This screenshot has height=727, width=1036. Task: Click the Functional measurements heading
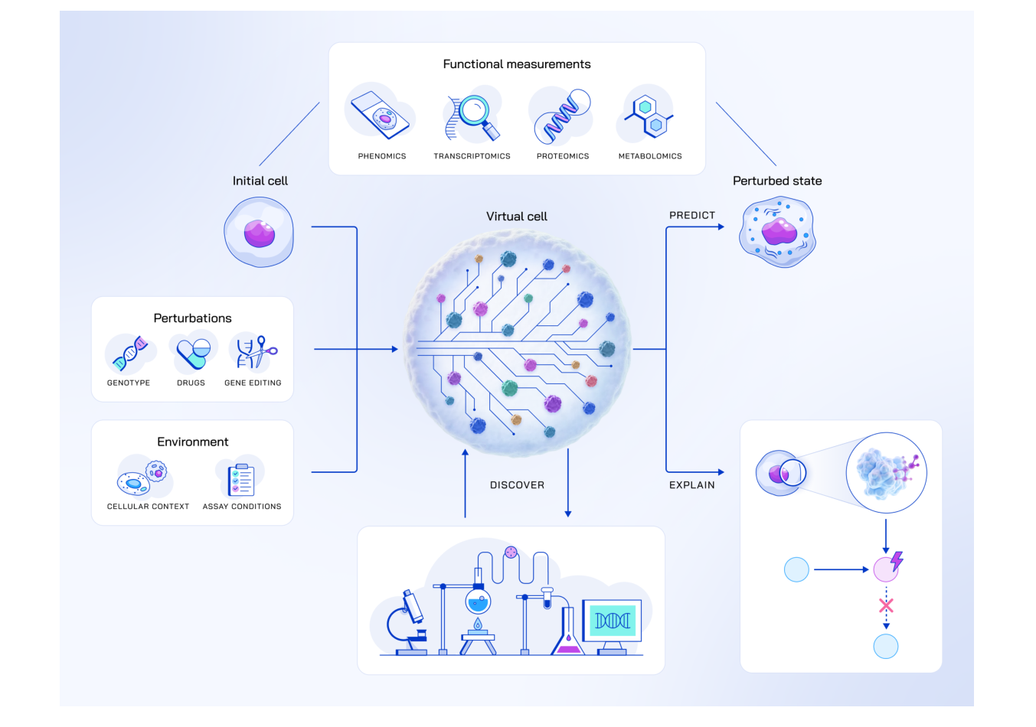coord(517,64)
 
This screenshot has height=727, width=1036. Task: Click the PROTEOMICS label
coord(563,156)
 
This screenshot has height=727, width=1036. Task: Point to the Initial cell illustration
coord(259,232)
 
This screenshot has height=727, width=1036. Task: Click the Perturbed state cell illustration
coord(777,232)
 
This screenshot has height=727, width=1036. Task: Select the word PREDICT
coord(692,216)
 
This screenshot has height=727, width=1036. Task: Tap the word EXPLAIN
coord(692,485)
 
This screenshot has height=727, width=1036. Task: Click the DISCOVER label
coord(517,485)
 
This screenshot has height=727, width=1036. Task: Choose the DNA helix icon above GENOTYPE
coord(129,353)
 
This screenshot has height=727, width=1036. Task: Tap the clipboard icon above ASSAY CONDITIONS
coord(241,479)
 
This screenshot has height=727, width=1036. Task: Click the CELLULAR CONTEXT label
coord(148,507)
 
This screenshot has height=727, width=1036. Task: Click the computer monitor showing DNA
coord(612,621)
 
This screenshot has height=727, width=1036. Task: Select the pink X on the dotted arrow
coord(886,606)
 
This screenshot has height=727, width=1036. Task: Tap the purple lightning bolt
coord(897,561)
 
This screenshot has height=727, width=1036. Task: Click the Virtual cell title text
coord(517,217)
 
